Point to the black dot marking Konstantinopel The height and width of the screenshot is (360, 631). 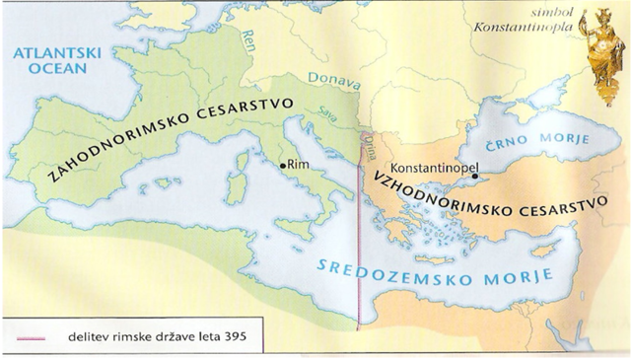point(474,178)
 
